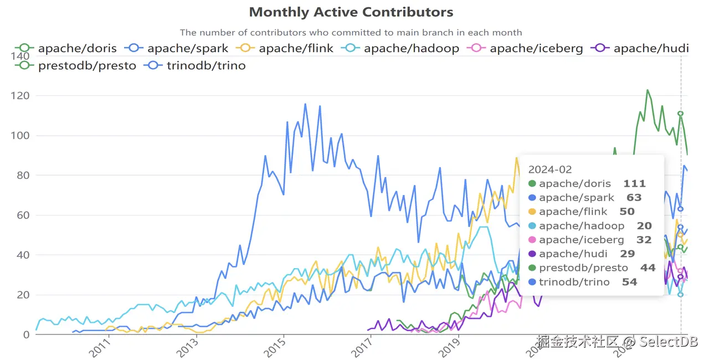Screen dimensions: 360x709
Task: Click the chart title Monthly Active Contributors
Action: [x=351, y=12]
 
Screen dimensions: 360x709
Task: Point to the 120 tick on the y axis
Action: [x=20, y=96]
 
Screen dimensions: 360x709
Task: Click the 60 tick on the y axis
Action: [x=23, y=215]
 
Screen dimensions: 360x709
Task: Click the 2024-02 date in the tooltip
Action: [x=549, y=169]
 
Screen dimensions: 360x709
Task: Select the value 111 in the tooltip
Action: [x=634, y=184]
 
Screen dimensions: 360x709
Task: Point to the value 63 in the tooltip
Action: [x=634, y=198]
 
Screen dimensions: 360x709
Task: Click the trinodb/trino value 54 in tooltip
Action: [x=629, y=282]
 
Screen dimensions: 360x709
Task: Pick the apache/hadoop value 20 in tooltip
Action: [x=644, y=226]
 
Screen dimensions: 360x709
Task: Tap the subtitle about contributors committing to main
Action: [x=351, y=33]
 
